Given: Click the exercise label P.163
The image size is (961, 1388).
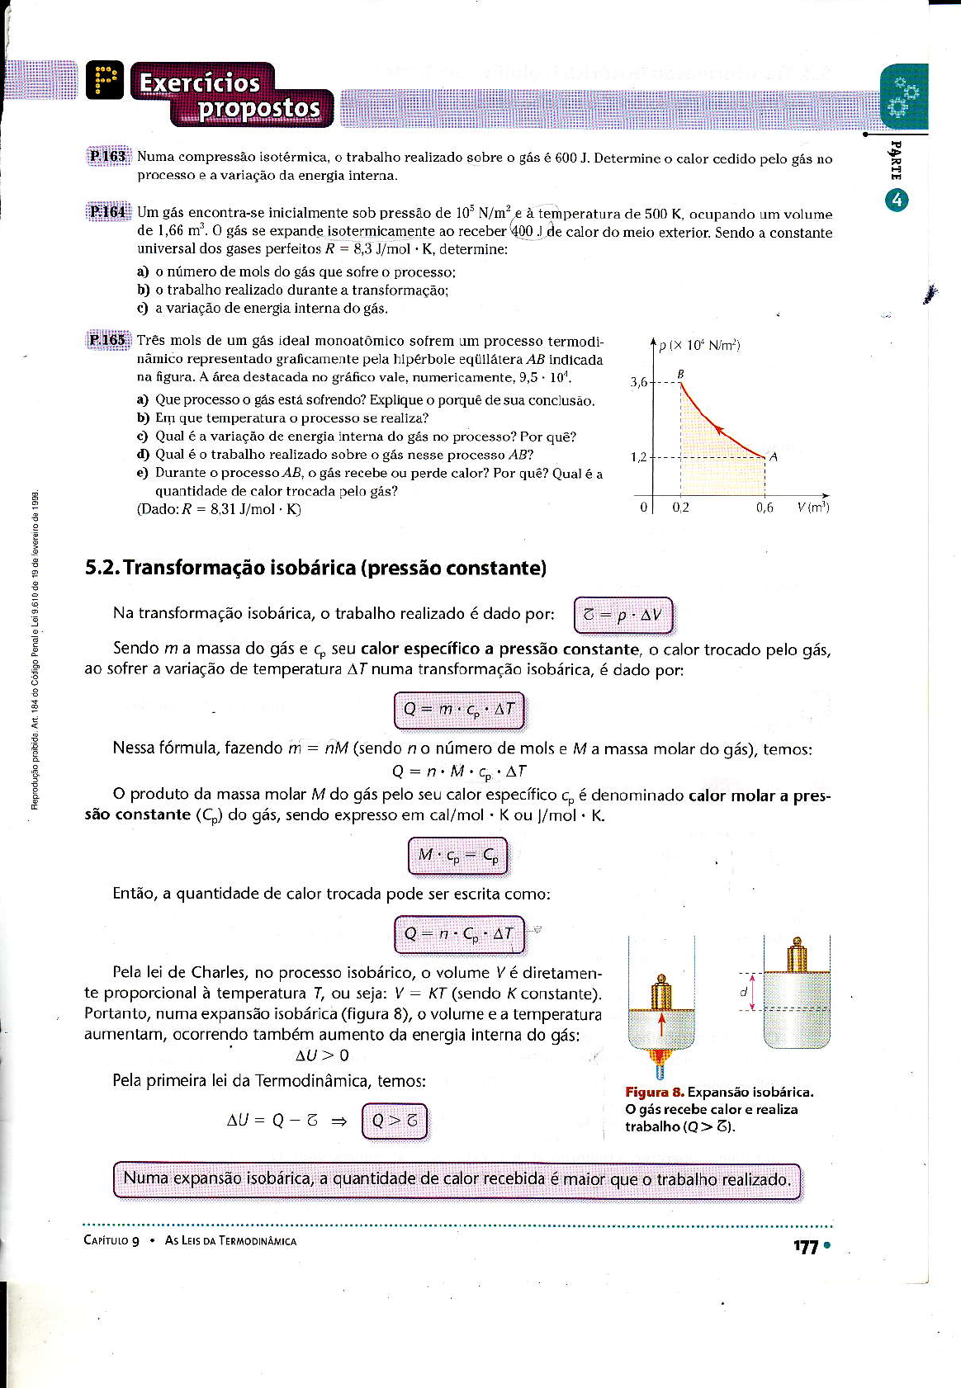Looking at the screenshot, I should pos(107,156).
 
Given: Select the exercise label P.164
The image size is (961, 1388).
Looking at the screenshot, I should pos(107,212).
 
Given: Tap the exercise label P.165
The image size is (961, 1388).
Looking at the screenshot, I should pos(107,339).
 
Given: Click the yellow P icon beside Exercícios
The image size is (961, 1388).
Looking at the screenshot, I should pos(105,81).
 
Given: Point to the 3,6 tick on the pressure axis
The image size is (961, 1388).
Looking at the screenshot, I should pos(639,382).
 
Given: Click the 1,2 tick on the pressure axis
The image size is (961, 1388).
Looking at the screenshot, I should pos(639,457).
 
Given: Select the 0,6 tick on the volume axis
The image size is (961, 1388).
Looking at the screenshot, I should pos(765,508).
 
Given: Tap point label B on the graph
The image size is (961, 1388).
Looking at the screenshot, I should pos(681,374).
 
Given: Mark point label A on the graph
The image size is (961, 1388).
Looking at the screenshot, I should pos(774,456).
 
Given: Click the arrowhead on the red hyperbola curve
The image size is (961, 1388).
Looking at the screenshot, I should pos(718,429).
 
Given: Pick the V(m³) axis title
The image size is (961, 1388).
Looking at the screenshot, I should pos(813,508).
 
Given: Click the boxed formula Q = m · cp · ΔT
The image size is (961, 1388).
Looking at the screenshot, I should pos(459,710).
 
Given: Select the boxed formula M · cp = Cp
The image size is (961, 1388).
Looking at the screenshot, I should pos(458,856).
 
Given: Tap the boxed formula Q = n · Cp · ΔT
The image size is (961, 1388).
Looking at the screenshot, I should pos(459,934).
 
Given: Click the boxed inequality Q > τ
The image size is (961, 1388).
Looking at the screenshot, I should pos(395,1121).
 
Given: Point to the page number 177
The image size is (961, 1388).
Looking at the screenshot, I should pos(806,1247).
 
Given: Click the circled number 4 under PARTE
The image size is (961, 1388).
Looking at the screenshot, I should pos(897,201).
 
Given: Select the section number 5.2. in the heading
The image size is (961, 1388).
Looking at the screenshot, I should pos(102,568).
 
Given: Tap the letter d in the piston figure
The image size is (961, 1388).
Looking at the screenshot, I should pos(743,991).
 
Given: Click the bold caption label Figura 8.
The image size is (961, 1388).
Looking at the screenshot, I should pos(654,1092).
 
